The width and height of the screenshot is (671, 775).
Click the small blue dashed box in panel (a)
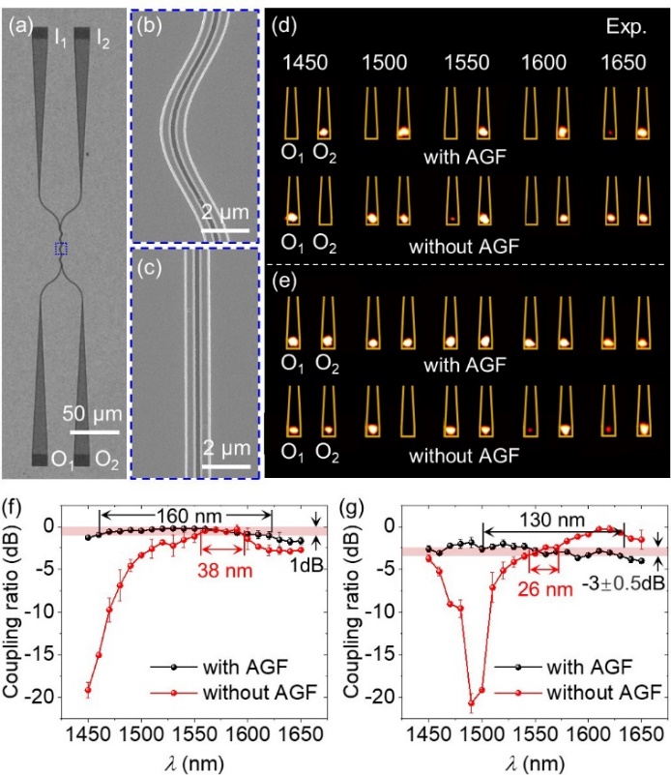(x=63, y=249)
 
